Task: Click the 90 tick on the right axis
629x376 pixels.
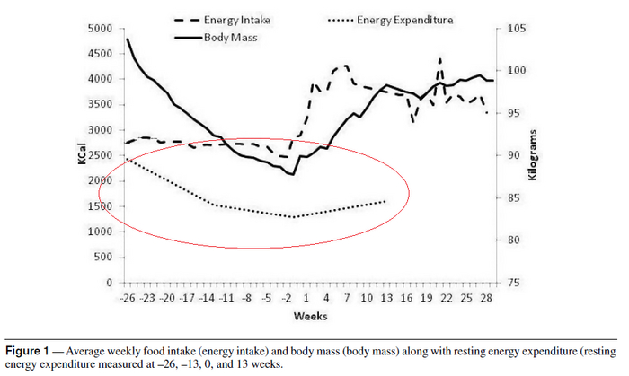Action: coord(509,155)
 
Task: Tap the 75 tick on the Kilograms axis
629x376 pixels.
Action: coord(509,283)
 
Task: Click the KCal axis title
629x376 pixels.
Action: coord(83,155)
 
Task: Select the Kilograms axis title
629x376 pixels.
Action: coord(532,155)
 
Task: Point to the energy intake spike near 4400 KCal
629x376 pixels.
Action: coord(440,59)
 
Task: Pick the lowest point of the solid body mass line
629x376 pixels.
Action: coord(293,174)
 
